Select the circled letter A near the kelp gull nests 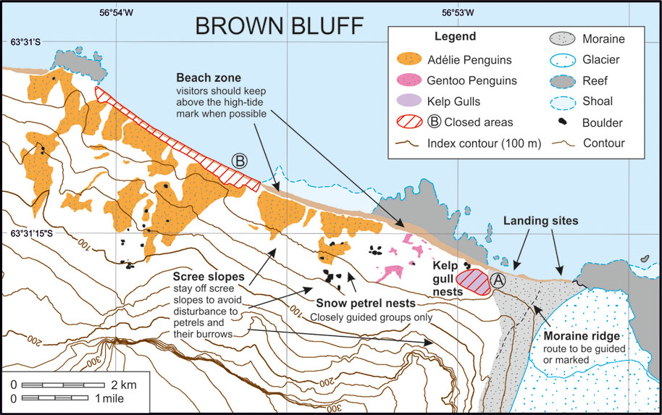[x=498, y=279]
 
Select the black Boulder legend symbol [x=561, y=122]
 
